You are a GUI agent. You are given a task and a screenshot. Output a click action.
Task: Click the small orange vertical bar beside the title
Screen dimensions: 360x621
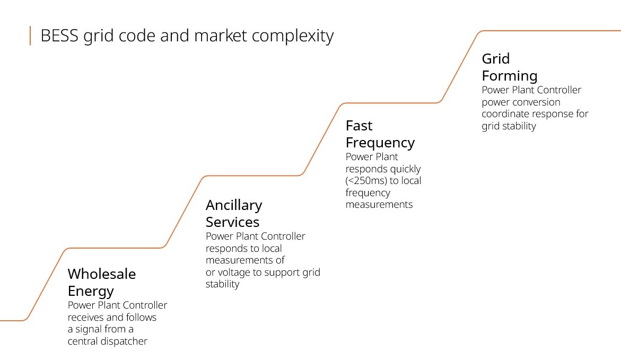[x=30, y=36]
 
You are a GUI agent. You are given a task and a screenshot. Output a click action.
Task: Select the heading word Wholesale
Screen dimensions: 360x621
[x=102, y=274]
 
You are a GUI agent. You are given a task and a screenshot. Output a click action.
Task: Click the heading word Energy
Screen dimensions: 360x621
[x=91, y=291]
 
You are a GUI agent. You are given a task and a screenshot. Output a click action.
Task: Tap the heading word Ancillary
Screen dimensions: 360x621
[x=234, y=205]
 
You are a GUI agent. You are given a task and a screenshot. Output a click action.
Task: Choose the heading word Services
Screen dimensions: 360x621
[x=232, y=222]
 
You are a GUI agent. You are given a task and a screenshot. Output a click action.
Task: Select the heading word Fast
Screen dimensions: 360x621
[x=359, y=126]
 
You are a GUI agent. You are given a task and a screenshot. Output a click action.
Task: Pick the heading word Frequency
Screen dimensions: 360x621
[x=380, y=143]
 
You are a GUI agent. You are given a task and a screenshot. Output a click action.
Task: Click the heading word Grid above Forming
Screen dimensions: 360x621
[x=495, y=58]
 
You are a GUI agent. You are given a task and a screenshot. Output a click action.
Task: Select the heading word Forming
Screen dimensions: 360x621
[x=509, y=75]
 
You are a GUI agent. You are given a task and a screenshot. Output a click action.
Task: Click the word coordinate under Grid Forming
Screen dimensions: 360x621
[x=505, y=114]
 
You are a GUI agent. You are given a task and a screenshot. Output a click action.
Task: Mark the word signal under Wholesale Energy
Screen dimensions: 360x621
[x=90, y=329]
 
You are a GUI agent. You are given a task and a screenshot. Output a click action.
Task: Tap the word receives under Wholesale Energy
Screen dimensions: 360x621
[x=87, y=317]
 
